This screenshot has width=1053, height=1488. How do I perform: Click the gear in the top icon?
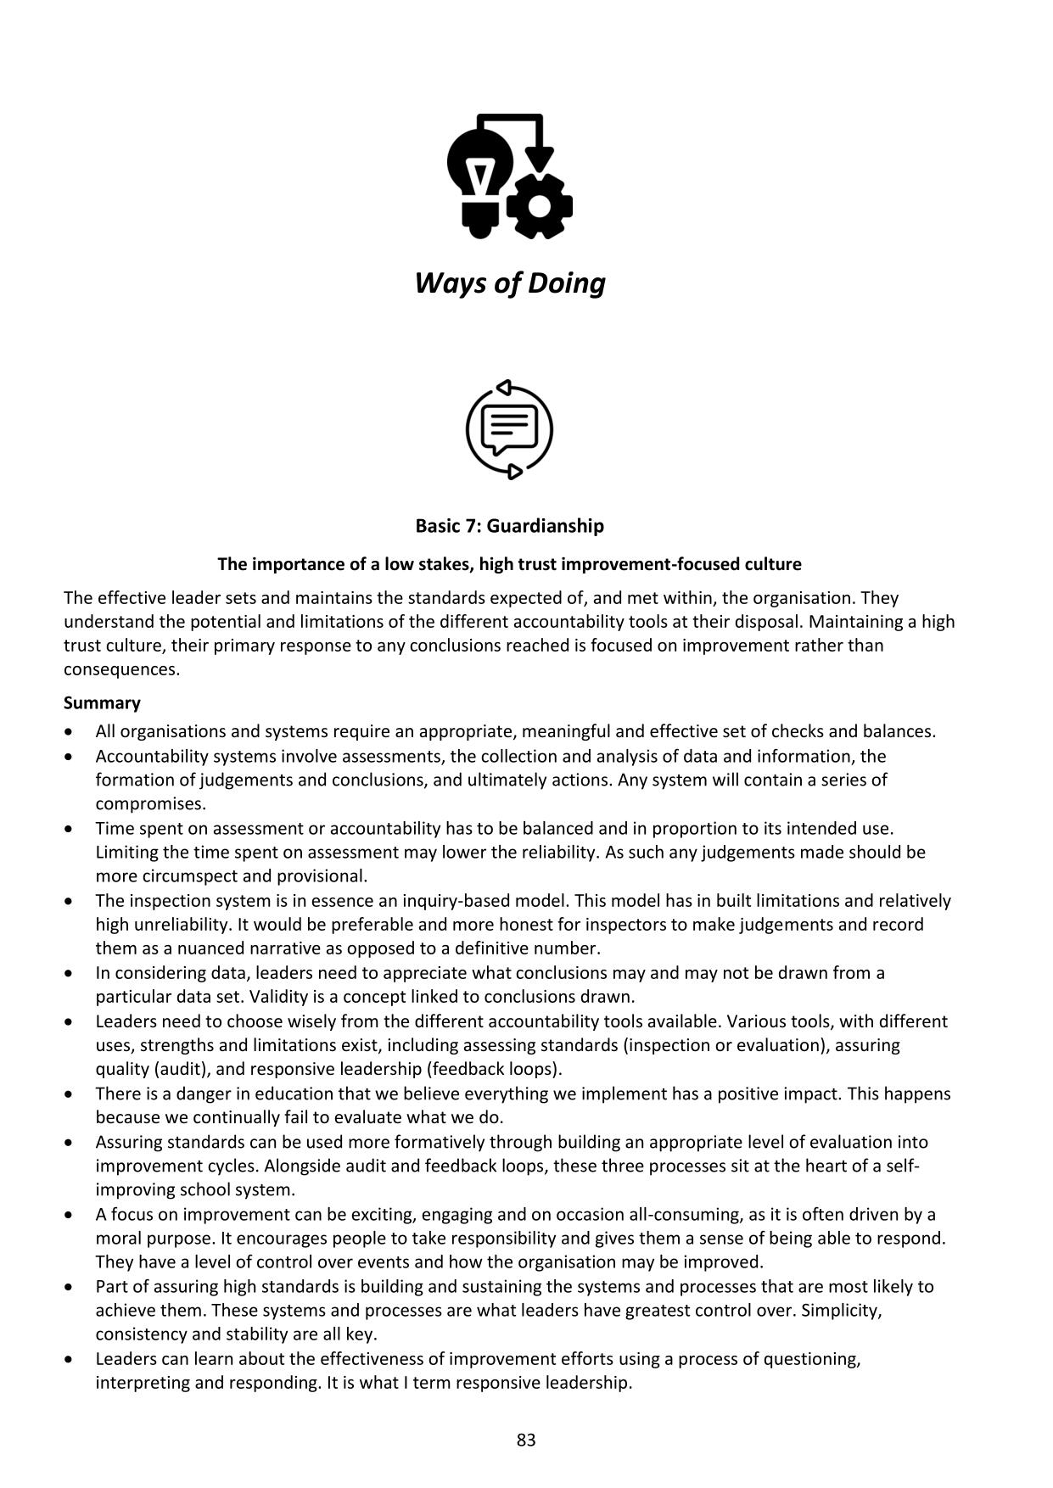point(539,205)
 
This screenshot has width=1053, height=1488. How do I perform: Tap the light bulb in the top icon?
point(480,174)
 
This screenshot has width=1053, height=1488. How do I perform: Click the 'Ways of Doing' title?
point(510,282)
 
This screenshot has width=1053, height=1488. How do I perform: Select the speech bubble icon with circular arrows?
point(509,429)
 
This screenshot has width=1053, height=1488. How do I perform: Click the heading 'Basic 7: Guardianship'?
point(509,526)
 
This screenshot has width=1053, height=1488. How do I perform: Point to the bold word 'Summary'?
point(102,702)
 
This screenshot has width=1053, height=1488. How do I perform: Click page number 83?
point(526,1440)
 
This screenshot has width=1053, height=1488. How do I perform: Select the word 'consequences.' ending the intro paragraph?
point(122,668)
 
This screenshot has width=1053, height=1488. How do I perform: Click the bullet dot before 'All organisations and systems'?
point(70,731)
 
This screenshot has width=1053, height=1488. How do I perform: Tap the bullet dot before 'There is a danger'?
point(70,1094)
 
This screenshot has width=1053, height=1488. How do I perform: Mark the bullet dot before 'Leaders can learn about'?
point(70,1359)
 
